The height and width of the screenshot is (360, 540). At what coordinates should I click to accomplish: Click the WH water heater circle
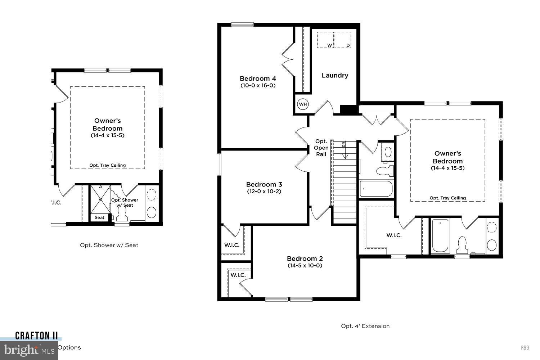303,104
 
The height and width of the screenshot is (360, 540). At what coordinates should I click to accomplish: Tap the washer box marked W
325,40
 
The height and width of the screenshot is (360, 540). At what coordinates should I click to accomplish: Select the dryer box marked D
343,40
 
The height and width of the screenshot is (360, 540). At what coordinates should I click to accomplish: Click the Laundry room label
335,75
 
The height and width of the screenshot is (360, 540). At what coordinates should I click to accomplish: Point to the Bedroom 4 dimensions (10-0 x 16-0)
258,86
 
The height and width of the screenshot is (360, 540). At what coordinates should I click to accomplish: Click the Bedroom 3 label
264,185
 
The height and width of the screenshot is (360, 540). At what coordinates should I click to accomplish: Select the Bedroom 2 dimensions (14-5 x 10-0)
305,266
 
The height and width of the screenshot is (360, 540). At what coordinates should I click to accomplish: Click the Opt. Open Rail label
321,148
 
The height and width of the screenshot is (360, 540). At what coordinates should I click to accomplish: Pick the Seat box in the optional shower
99,217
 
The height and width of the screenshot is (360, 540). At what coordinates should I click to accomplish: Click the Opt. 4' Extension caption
365,326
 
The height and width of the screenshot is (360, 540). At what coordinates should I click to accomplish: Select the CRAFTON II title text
36,336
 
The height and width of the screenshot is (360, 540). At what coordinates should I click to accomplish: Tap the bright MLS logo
29,349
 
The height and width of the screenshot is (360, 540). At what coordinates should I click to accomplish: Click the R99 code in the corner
525,348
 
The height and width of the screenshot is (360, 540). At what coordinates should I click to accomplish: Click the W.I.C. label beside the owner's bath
394,235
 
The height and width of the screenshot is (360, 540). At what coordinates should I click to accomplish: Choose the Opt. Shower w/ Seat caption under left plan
109,245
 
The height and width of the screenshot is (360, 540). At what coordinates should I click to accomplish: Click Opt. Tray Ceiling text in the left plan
108,166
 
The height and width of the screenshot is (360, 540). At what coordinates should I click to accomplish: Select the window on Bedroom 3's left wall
219,165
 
